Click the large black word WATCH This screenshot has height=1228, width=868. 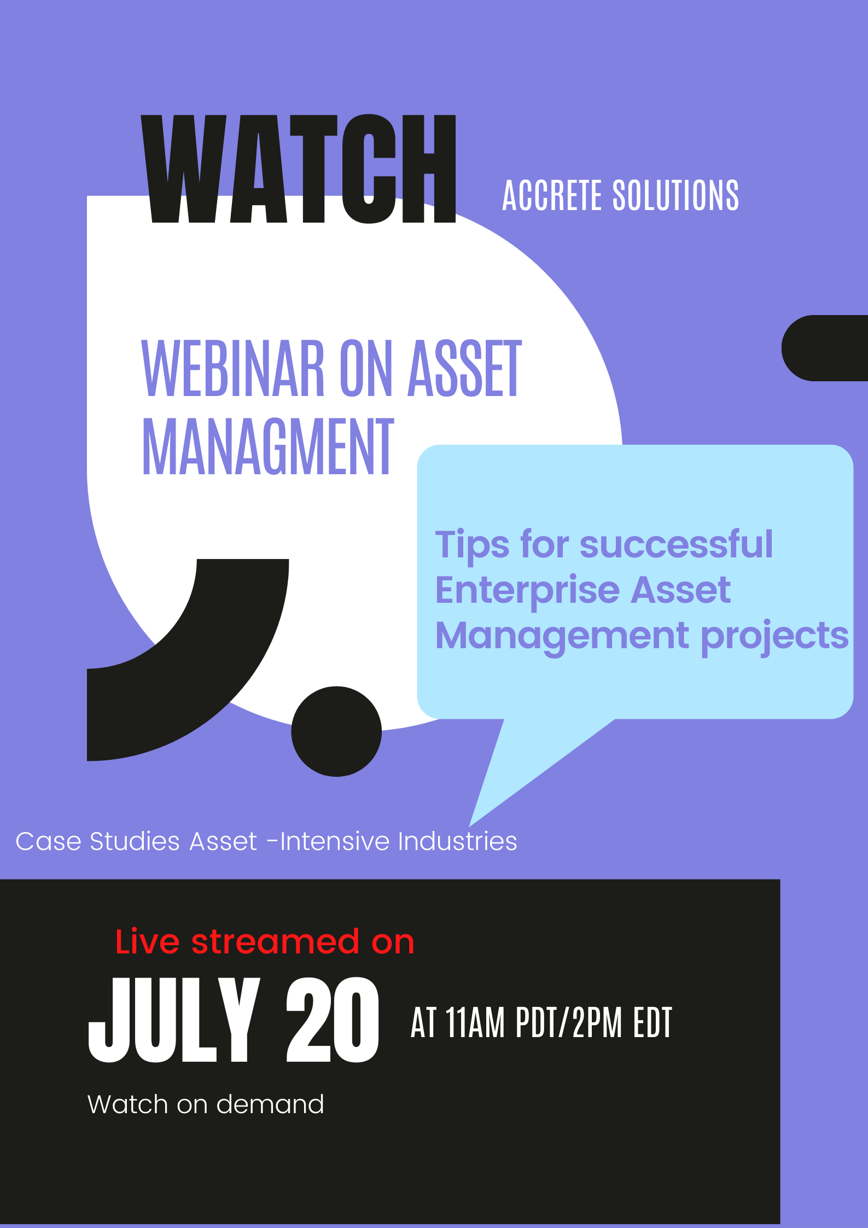299,168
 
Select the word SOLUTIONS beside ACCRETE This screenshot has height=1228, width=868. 675,195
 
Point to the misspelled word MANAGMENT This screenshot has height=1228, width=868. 268,446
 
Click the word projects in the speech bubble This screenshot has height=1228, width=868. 775,637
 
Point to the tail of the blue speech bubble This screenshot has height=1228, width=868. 470,825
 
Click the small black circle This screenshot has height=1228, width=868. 336,731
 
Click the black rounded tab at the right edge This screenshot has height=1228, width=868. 825,348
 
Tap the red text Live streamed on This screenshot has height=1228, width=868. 265,942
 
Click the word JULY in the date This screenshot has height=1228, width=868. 174,1020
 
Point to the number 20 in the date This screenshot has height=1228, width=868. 333,1020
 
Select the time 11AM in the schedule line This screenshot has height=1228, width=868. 475,1022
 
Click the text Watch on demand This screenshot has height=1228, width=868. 206,1104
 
